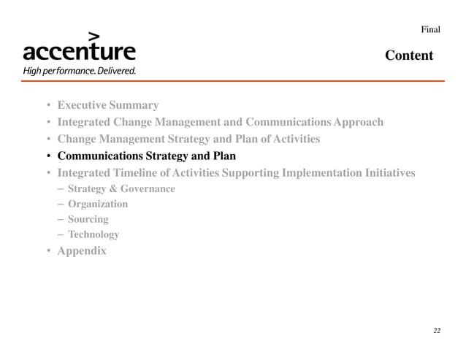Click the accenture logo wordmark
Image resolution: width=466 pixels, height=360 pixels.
[79, 53]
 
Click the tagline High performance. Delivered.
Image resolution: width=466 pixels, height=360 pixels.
[79, 72]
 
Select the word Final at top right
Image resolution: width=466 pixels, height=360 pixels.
[430, 29]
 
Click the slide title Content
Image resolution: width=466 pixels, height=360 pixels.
[409, 55]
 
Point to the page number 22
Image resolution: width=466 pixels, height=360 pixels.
[436, 331]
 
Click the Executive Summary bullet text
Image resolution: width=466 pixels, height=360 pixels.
[107, 105]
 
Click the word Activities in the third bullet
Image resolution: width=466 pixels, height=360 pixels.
[294, 139]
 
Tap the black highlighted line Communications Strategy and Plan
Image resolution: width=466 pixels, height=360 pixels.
[146, 156]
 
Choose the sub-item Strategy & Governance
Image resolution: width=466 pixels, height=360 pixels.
[121, 189]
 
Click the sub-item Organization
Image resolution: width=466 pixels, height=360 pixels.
[97, 204]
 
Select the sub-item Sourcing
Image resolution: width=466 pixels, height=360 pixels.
[88, 219]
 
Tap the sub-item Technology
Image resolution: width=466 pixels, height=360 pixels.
[93, 234]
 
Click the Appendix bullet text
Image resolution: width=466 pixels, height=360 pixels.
[81, 251]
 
